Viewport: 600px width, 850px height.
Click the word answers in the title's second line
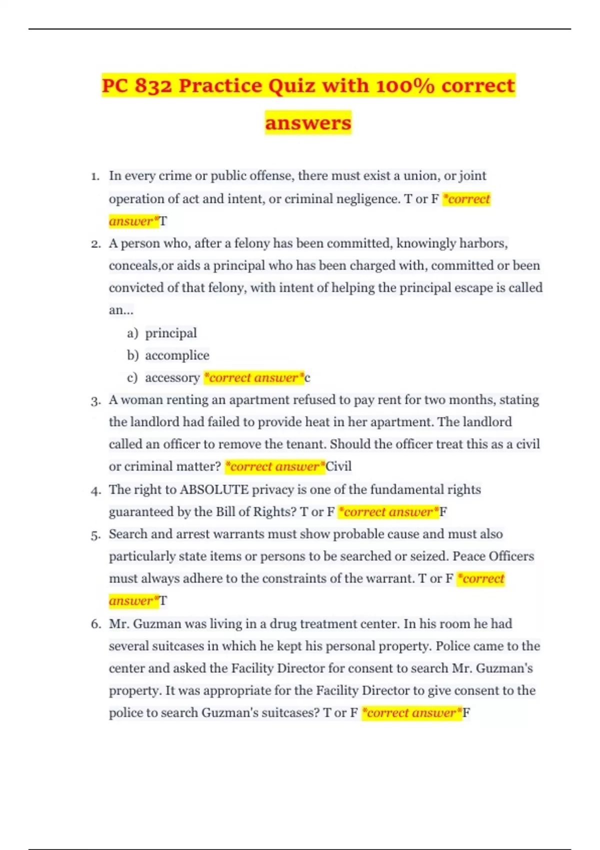[x=308, y=123]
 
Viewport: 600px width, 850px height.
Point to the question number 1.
[x=95, y=176]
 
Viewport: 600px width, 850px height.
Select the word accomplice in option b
[x=177, y=355]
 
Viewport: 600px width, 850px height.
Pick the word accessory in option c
[x=172, y=378]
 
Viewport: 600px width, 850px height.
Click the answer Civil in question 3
[x=338, y=466]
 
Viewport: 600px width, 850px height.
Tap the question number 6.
[x=95, y=624]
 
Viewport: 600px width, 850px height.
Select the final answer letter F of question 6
[x=466, y=713]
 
